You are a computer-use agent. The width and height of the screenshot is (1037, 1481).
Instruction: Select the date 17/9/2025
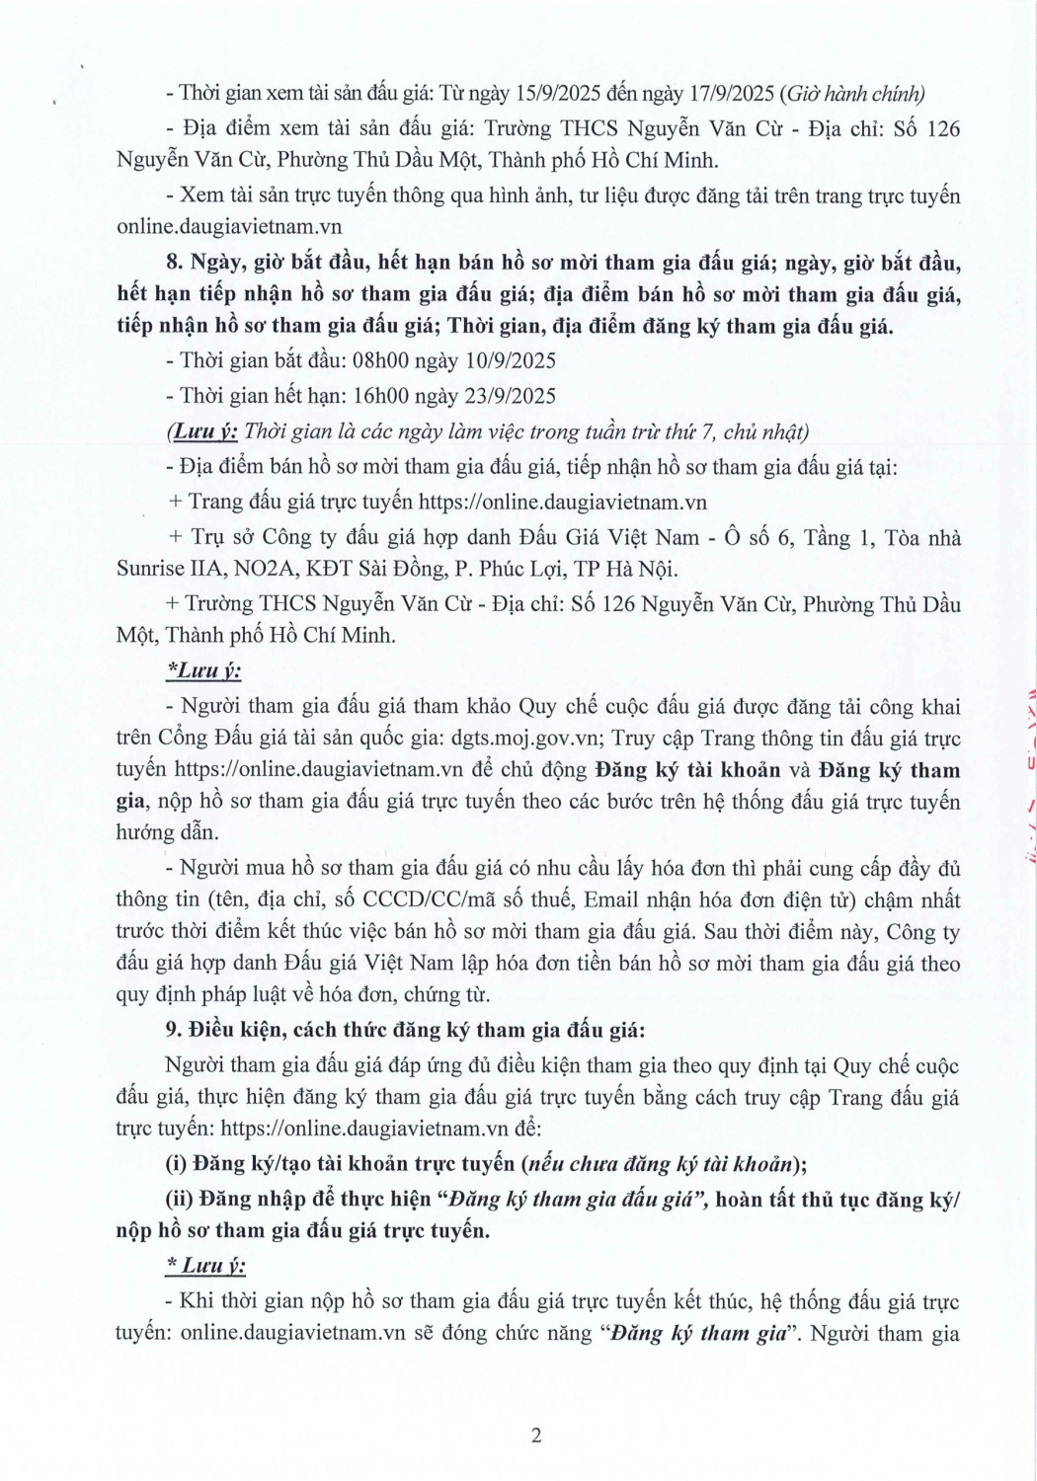coord(732,94)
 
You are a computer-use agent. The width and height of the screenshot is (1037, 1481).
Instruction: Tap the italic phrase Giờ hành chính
coord(854,94)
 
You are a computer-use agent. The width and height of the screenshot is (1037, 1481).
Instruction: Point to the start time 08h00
coord(381,360)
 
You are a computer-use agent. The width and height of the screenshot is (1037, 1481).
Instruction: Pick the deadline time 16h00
coord(381,396)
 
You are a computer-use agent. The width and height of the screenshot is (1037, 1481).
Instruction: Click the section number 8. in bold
coord(175,263)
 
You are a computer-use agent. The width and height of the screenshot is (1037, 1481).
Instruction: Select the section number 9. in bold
coord(174,1030)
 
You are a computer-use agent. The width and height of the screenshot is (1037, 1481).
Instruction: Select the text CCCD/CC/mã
coord(441,900)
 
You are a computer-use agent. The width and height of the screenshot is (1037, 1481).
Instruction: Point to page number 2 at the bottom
coord(536,1436)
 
